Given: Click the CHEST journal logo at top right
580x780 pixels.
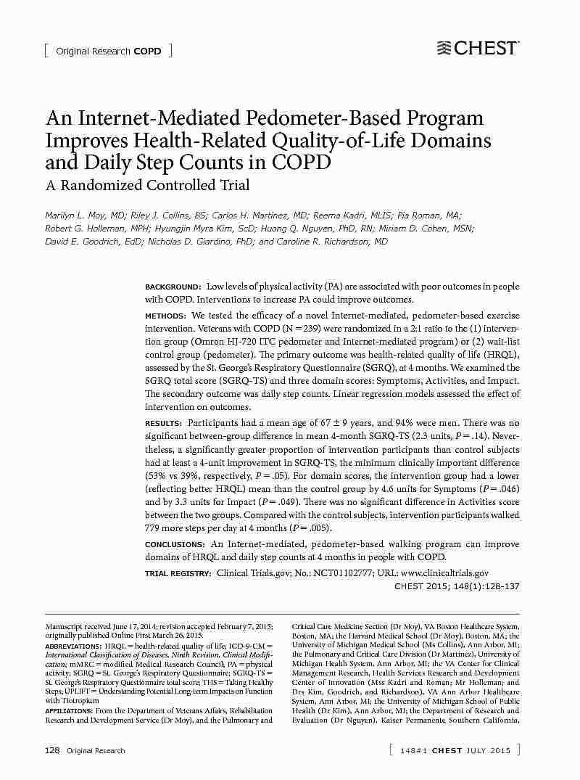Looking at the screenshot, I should point(478,49).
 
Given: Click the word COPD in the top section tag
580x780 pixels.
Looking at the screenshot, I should point(148,52).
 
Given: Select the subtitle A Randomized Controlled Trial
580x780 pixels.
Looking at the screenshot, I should point(148,185).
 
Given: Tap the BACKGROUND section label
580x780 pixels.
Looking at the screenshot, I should point(173,287).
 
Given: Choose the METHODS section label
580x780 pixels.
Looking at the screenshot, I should point(165,316).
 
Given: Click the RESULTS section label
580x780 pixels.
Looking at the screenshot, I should point(163,423).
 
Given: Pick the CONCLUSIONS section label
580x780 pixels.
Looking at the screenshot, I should point(175,544).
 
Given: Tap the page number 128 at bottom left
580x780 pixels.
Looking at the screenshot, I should point(52,750).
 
